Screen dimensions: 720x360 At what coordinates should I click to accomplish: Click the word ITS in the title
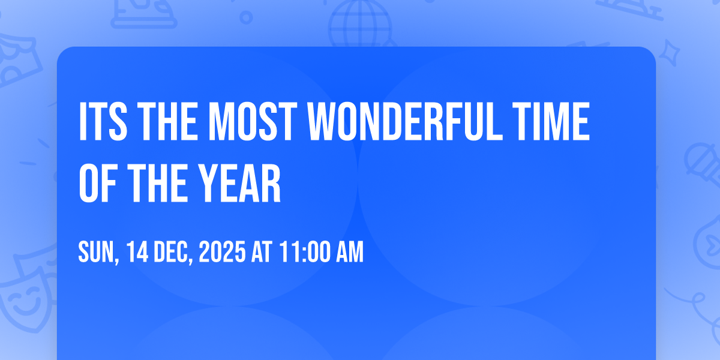tap(103, 121)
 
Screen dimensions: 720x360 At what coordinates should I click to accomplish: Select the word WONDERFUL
tap(405, 121)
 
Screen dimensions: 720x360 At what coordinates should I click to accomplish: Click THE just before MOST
tap(168, 121)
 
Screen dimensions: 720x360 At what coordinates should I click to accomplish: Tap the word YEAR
tap(239, 183)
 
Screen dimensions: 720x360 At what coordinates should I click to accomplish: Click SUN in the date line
tap(98, 253)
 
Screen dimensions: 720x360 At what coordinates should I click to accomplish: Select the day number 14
tap(137, 252)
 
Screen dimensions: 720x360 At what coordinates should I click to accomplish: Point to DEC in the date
tap(173, 253)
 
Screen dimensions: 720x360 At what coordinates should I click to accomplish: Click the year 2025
tap(223, 252)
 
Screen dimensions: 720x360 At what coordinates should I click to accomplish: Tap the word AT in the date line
tap(262, 252)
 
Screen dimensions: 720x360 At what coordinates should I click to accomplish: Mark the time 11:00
tap(305, 252)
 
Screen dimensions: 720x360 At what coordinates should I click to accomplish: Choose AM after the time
tap(350, 252)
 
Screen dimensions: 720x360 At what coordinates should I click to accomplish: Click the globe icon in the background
tap(361, 24)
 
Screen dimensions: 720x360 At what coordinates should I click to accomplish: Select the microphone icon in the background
tap(703, 164)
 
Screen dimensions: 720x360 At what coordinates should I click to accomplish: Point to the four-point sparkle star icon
tap(670, 53)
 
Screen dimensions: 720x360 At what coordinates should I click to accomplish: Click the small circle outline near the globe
tap(246, 17)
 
